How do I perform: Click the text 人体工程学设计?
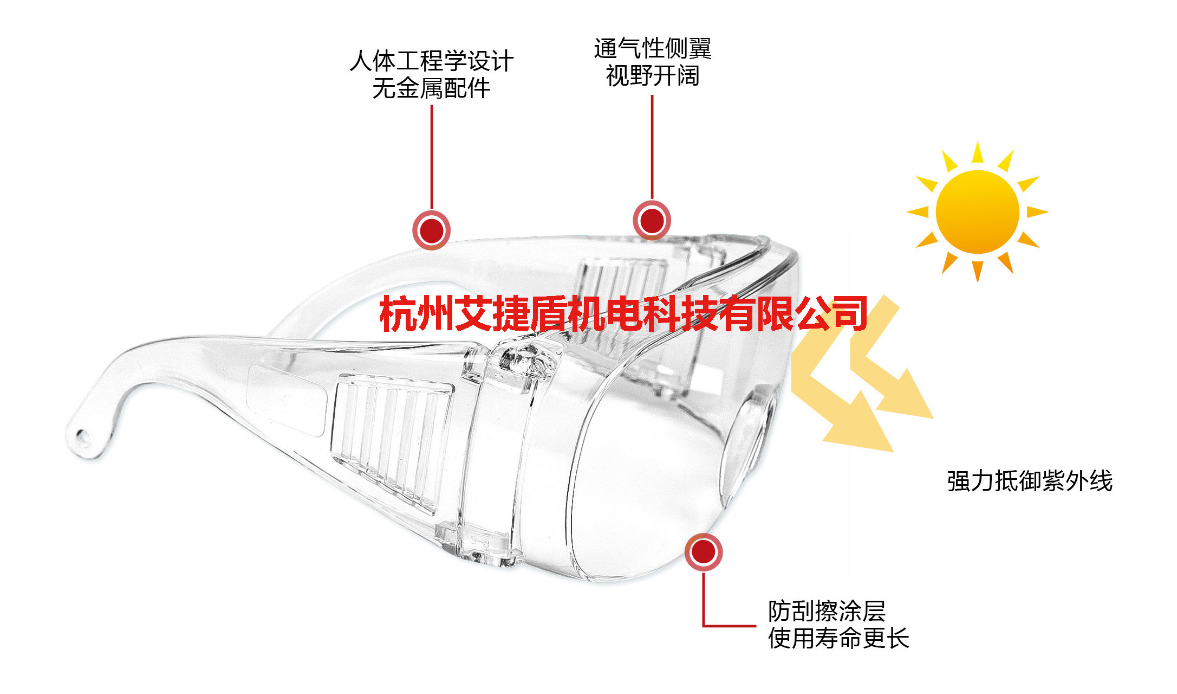[x=431, y=61]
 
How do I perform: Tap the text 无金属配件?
[x=431, y=88]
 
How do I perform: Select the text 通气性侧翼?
[x=652, y=48]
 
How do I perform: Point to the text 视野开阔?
[x=652, y=76]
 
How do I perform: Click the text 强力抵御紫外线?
[x=1030, y=481]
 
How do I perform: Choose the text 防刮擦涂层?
[x=827, y=611]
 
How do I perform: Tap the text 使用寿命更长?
[x=838, y=638]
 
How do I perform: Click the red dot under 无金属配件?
[x=432, y=230]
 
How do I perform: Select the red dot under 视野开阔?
[x=652, y=220]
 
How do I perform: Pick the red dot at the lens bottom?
[x=703, y=552]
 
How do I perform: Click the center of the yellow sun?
[x=977, y=211]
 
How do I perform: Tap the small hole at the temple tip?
[x=82, y=436]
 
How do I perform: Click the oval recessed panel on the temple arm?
[x=287, y=399]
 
